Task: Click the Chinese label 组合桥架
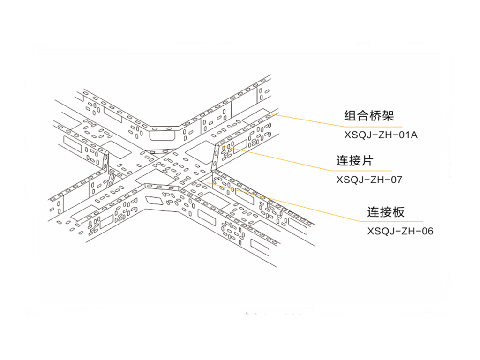369,116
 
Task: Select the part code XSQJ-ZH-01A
381,135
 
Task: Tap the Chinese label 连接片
355,160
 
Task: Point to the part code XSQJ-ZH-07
369,180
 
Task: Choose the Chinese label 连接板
386,212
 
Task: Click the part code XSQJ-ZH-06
400,231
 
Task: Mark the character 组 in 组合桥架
350,116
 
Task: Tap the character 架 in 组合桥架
388,116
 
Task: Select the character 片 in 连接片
368,160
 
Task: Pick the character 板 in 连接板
399,212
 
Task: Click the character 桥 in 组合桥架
375,116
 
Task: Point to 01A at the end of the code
408,135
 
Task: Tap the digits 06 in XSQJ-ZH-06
427,231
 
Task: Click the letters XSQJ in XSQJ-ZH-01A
357,135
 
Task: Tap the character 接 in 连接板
386,212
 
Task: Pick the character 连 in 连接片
343,160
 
